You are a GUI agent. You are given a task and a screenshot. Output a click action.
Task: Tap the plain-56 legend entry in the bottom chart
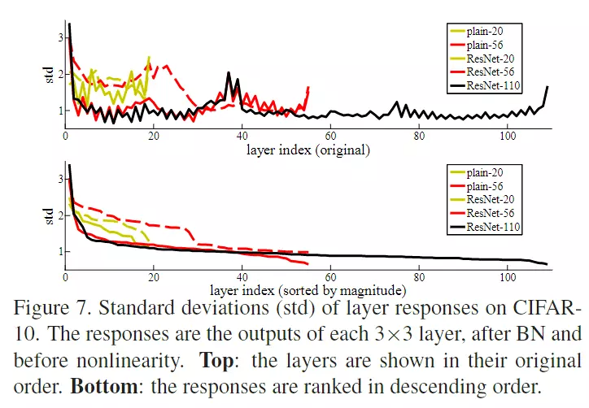coord(486,186)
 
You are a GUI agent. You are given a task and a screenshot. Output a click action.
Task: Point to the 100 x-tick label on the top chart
coord(508,136)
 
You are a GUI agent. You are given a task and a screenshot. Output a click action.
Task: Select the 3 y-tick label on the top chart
coord(59,37)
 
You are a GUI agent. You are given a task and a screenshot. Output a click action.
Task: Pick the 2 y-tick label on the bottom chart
coord(59,215)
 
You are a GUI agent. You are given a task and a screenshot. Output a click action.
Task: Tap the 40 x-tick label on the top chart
coord(242,136)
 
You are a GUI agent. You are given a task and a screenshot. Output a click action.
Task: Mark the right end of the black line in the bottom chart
coord(547,264)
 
